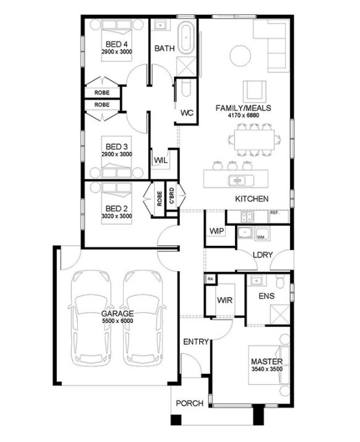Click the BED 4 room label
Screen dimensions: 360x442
(117, 44)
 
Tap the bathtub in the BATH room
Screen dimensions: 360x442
(186, 38)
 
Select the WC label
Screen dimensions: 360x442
(187, 113)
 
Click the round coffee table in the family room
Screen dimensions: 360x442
(240, 56)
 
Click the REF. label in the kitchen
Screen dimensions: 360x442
(275, 212)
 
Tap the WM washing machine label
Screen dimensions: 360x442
(260, 237)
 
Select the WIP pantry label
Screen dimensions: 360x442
(217, 231)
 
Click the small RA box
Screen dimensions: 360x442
(210, 279)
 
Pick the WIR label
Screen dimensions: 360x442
(225, 300)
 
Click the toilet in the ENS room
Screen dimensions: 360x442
(280, 282)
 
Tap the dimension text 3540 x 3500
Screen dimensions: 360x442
(266, 369)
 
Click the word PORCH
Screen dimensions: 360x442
(189, 404)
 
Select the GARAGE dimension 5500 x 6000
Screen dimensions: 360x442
(118, 321)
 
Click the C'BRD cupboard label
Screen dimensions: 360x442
(171, 196)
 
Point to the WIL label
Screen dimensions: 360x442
(161, 160)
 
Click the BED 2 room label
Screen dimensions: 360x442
(116, 209)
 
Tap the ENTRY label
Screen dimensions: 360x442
(196, 342)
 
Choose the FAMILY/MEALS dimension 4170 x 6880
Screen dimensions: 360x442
(243, 115)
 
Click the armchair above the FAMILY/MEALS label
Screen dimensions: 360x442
(255, 92)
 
